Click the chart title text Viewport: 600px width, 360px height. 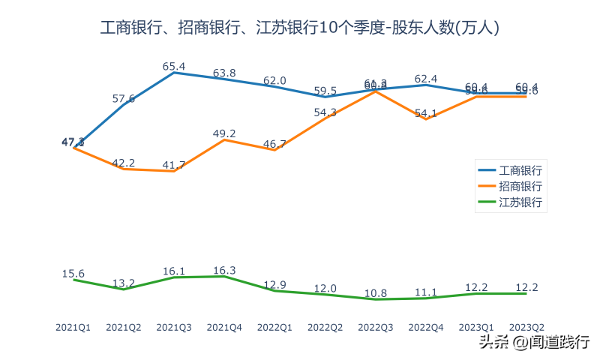tap(300, 28)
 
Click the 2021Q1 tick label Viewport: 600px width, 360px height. tap(73, 328)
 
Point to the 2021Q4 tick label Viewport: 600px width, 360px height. tap(224, 328)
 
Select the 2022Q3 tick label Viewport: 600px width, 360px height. tap(376, 328)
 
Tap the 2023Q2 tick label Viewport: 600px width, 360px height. tap(526, 328)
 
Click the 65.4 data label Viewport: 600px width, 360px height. tap(174, 67)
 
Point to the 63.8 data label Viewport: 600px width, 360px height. tap(224, 73)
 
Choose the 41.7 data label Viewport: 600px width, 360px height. tap(174, 164)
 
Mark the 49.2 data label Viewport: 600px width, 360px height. tap(224, 133)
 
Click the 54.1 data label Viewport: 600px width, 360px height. tap(426, 113)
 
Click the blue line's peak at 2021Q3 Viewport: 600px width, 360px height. tap(174, 73)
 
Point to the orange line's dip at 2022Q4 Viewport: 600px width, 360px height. tap(426, 119)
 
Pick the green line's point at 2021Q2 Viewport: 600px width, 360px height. tap(124, 289)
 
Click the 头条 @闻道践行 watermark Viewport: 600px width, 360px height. tap(534, 343)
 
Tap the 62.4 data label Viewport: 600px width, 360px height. tap(426, 78)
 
